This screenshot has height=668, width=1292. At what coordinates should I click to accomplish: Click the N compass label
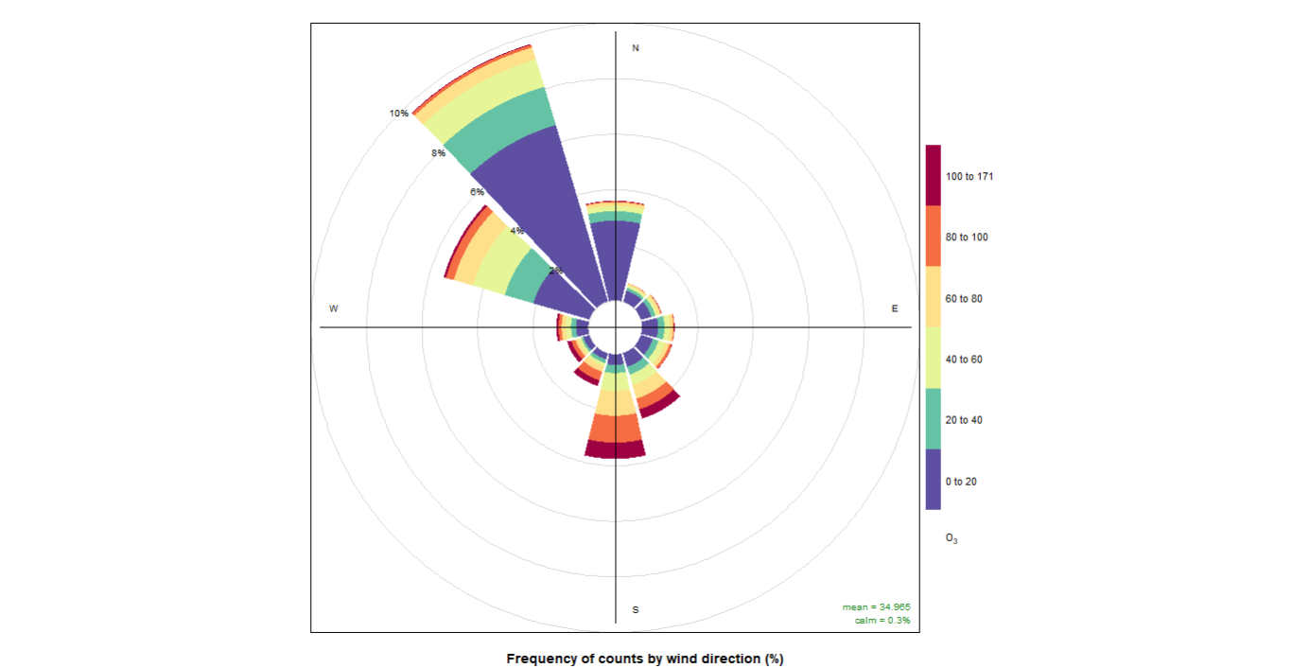(x=636, y=47)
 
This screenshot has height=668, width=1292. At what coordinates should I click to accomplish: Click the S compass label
(x=636, y=609)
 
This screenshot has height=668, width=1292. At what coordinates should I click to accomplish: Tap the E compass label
(x=895, y=308)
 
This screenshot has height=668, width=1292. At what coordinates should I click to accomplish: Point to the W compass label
(x=334, y=308)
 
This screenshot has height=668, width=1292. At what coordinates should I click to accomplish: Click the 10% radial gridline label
(x=399, y=114)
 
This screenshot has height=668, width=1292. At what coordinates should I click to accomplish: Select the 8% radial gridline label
(x=438, y=153)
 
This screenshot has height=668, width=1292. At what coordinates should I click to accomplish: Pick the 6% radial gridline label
(x=477, y=192)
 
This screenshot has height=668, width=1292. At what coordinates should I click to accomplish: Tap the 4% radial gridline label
(x=516, y=231)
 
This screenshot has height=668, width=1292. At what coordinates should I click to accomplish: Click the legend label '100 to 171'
(x=969, y=177)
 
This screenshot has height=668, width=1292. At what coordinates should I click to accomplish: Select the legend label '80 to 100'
(x=967, y=237)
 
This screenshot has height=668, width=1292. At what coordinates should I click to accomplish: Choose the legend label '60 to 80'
(x=964, y=299)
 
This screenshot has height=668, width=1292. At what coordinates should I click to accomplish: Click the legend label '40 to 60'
(x=964, y=360)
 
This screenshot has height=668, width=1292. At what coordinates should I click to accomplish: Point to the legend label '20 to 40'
(x=964, y=420)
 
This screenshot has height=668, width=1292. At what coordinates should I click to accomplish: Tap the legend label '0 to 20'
(x=961, y=482)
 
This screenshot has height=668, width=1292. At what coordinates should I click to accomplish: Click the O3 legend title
(x=952, y=539)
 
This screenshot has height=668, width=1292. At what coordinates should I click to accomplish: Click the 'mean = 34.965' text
(x=876, y=606)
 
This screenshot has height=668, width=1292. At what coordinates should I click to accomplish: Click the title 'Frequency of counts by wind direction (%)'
(x=645, y=659)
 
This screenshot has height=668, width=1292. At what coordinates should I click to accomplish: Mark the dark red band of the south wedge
(x=615, y=449)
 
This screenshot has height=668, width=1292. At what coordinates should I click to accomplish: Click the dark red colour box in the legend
(x=934, y=175)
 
